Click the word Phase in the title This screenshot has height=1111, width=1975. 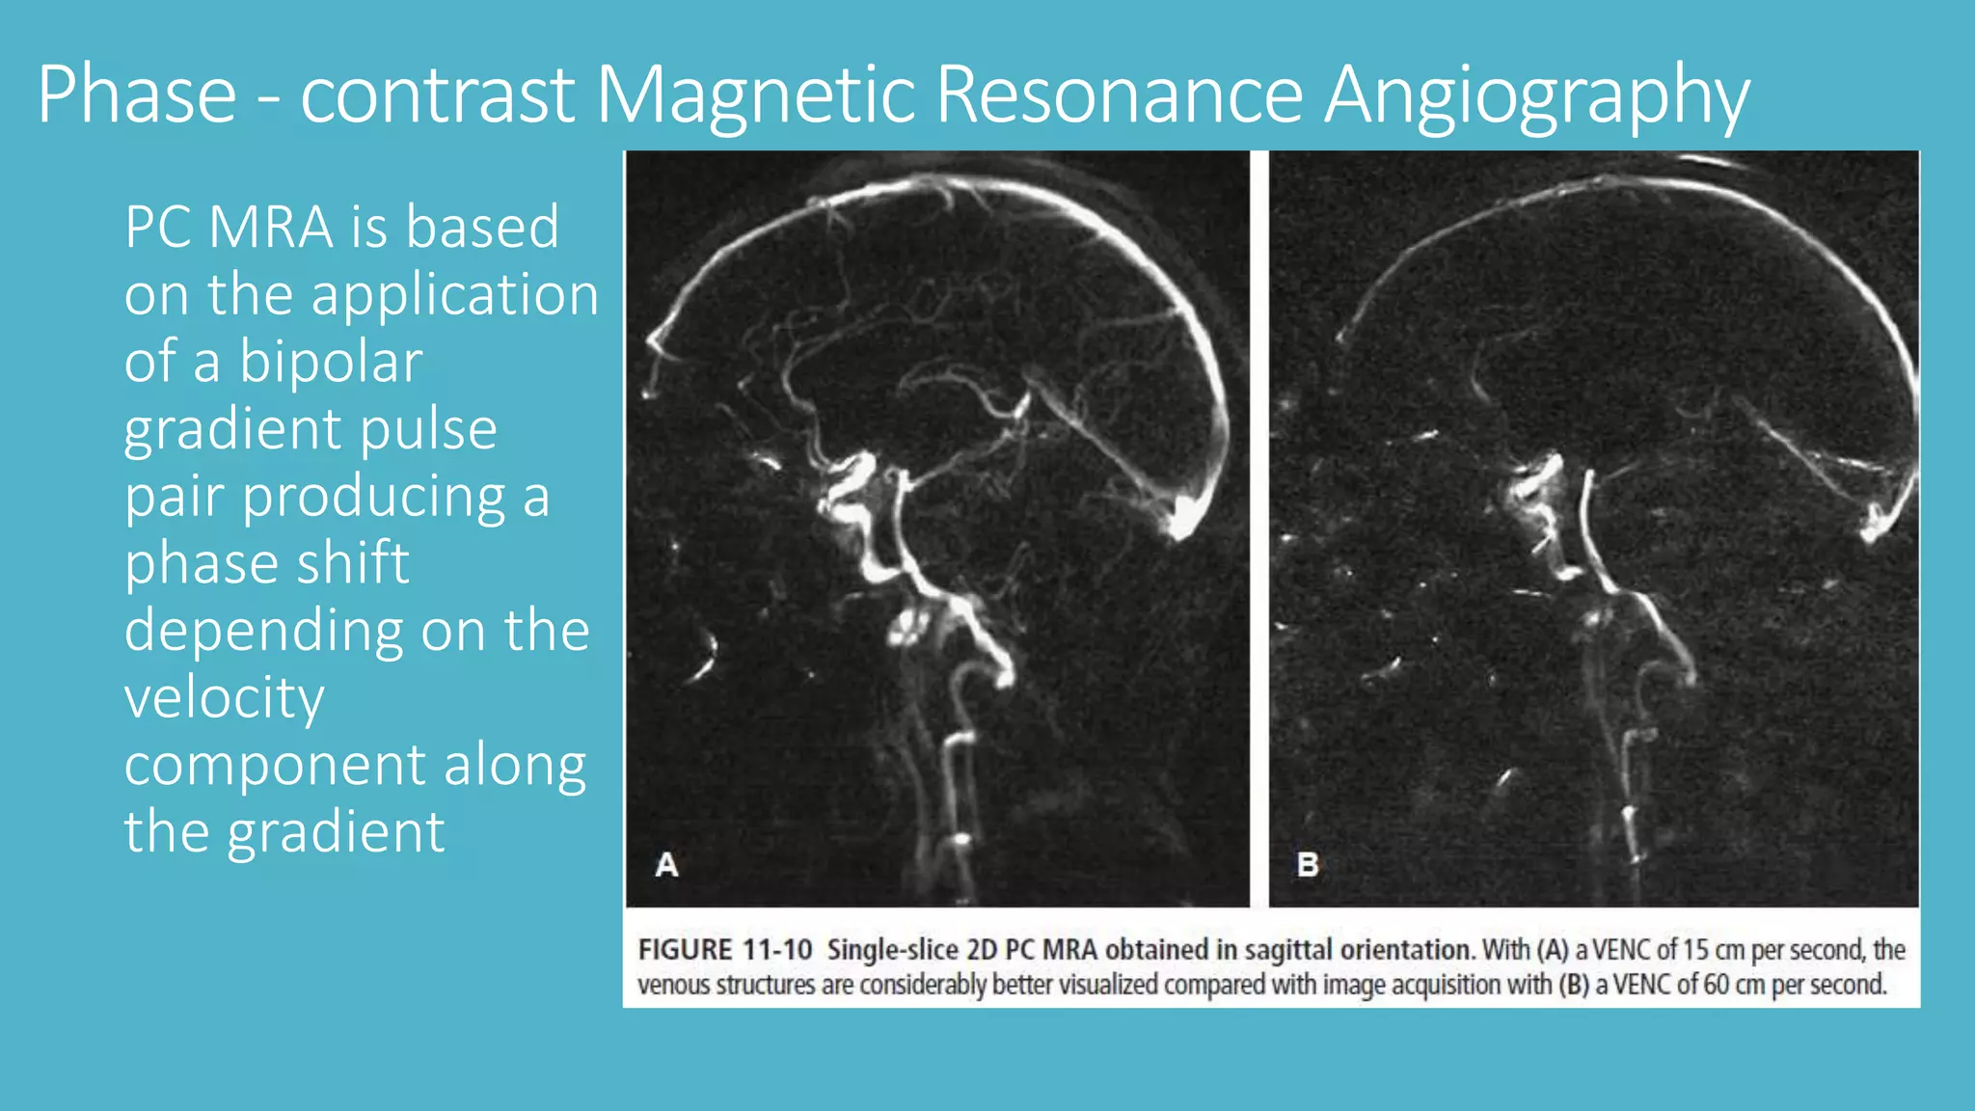tap(137, 95)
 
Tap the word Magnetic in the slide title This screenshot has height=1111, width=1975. tap(755, 95)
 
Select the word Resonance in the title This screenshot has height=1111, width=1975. tap(1120, 95)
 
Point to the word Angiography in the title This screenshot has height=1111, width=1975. tap(1536, 95)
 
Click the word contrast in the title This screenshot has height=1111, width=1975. tap(437, 95)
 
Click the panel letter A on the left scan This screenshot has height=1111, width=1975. tap(666, 864)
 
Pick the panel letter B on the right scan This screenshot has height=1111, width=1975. tap(1308, 864)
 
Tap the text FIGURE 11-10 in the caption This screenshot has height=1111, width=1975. tap(725, 950)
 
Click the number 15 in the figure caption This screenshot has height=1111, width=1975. tap(1696, 950)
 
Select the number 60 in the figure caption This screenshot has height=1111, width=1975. tap(1716, 985)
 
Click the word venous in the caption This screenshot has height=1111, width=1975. tap(671, 985)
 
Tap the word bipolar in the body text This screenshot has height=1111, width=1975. tap(330, 362)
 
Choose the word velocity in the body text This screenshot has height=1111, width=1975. tap(225, 697)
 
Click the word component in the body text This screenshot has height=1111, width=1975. tap(275, 765)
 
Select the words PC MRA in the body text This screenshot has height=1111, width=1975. tap(229, 228)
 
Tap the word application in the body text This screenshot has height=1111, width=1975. tap(455, 294)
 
